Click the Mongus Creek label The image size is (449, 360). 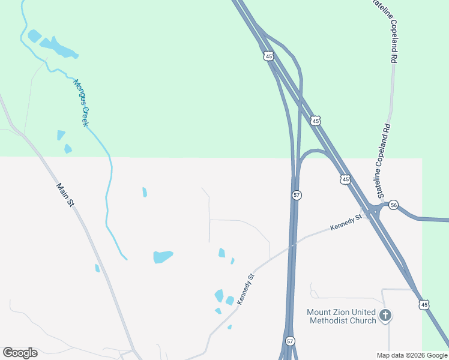(x=81, y=103)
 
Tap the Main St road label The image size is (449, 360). (x=65, y=196)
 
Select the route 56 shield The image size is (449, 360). (x=393, y=205)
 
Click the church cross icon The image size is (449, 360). (x=385, y=314)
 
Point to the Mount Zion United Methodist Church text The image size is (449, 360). (x=342, y=316)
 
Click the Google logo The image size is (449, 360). (x=20, y=353)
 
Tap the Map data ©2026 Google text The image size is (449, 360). (x=412, y=355)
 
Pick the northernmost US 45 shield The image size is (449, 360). (x=268, y=56)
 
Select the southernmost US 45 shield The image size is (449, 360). (x=424, y=305)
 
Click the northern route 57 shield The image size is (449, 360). (x=297, y=195)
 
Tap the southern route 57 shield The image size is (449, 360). (x=290, y=341)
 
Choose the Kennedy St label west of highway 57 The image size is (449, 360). (x=246, y=289)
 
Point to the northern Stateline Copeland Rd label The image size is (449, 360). (x=385, y=31)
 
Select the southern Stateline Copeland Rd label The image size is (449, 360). (x=384, y=161)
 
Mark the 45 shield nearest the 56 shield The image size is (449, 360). (x=345, y=179)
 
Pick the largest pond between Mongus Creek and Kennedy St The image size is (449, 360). (x=162, y=256)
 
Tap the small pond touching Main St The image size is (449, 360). (x=97, y=268)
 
